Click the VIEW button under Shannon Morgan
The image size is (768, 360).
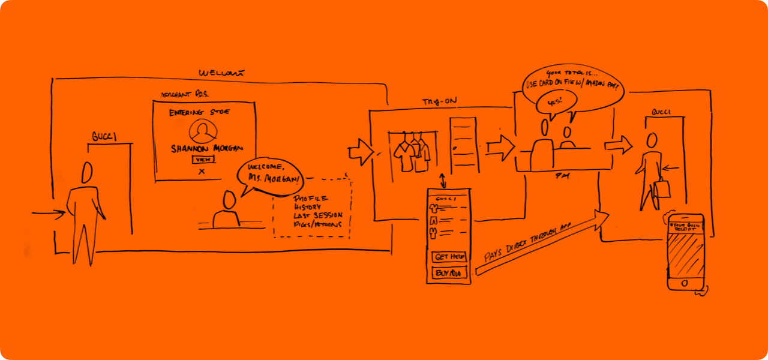[203, 159]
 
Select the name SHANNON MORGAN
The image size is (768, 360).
[203, 148]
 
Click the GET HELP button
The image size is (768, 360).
[449, 257]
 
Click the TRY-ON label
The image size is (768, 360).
[435, 103]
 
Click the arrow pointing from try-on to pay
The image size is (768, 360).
[500, 146]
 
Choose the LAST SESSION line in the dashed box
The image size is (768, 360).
[318, 215]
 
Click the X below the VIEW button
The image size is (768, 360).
[202, 172]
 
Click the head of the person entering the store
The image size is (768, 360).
[88, 173]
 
